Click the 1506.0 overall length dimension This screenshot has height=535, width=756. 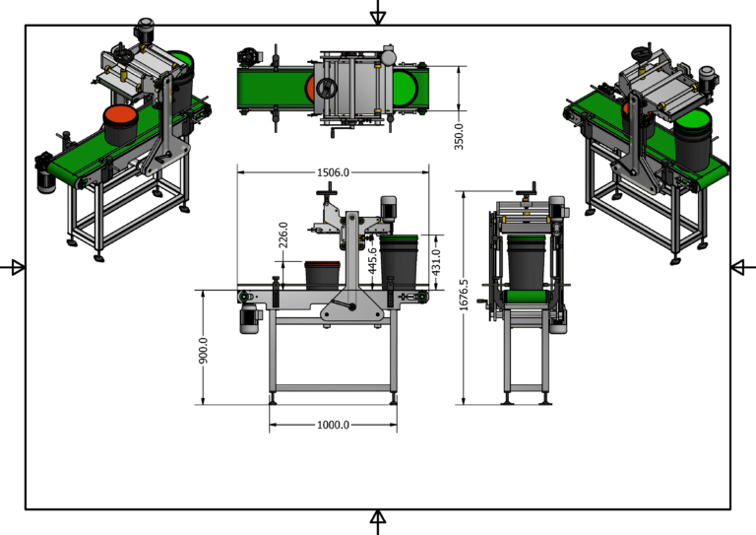coord(333,172)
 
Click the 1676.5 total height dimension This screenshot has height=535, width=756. coord(464,296)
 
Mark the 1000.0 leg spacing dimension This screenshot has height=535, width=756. coord(333,425)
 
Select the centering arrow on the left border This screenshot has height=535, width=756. coord(15,267)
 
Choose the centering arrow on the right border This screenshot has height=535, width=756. coord(740,267)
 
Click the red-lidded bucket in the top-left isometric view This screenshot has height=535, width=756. coord(122,124)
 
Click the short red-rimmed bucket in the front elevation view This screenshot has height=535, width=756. coord(321,274)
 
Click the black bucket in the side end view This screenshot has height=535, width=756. coord(527,264)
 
